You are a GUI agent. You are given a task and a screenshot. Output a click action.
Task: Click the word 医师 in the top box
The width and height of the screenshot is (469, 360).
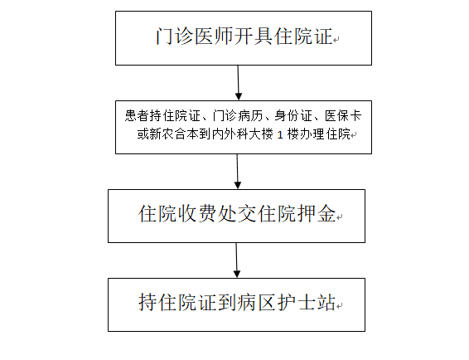tap(214, 36)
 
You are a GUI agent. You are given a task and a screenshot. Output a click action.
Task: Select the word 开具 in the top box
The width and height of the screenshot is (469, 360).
tap(254, 36)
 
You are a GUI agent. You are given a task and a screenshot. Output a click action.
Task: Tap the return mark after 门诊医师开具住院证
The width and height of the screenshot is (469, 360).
tap(336, 39)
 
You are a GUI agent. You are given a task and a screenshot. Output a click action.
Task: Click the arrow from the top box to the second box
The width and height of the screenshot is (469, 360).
tap(238, 83)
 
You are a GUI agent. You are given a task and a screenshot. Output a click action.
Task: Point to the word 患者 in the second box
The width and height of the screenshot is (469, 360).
tap(137, 115)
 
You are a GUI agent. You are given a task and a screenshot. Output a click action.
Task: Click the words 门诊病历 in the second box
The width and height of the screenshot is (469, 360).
tap(238, 115)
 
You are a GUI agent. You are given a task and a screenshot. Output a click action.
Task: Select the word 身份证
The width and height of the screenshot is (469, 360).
tap(293, 115)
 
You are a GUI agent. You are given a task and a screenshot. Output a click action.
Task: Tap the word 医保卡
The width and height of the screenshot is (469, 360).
tap(343, 115)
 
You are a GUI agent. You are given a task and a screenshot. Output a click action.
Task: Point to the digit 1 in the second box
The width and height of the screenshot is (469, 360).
tap(280, 134)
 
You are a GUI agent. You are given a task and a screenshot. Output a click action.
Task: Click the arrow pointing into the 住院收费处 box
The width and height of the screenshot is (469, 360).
tap(237, 172)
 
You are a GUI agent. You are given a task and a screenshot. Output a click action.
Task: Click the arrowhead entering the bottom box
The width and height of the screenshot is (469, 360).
tap(237, 274)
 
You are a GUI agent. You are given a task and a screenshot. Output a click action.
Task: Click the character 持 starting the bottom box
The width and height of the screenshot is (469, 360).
tap(147, 303)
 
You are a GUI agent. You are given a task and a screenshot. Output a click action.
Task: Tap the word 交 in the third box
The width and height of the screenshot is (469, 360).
tap(247, 213)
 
